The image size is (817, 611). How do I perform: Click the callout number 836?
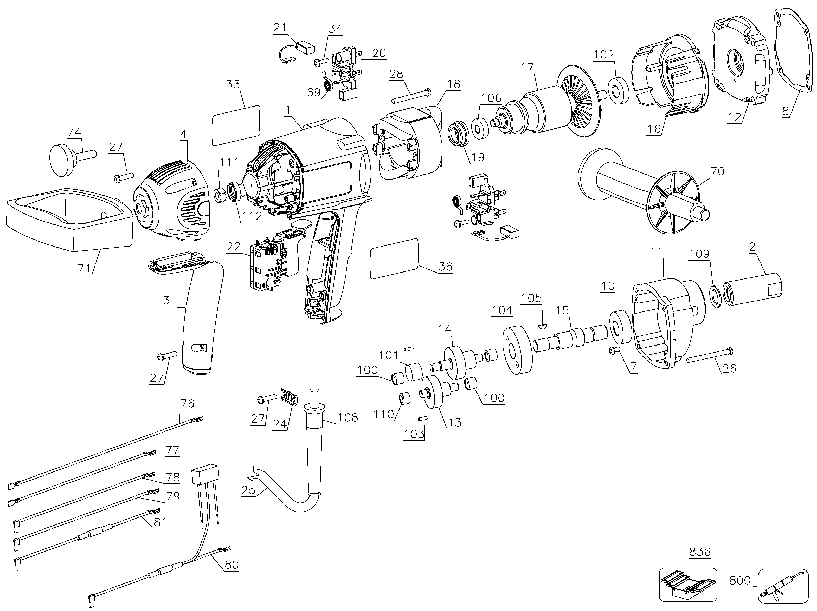699,552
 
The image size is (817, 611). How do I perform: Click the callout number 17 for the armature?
527,68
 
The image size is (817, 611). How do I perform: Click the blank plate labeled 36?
394,258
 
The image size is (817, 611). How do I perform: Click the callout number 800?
740,581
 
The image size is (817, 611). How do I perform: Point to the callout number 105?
531,298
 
